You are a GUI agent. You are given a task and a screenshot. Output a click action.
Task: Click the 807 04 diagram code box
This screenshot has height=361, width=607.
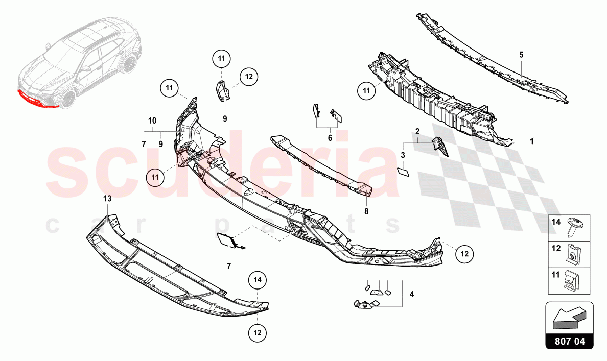click(x=569, y=341)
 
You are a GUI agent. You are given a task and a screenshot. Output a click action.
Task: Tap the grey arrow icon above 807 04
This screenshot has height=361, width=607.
click(x=569, y=317)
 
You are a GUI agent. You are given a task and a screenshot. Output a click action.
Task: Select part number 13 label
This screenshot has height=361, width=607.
click(x=107, y=198)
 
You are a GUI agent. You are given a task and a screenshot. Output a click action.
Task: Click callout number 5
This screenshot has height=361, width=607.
click(x=522, y=54)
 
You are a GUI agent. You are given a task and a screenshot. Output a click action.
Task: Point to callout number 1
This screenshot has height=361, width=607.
click(x=531, y=141)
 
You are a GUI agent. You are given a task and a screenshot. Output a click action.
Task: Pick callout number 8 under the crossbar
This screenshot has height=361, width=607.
click(x=366, y=210)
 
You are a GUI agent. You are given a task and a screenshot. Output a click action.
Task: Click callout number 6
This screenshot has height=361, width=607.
click(x=330, y=138)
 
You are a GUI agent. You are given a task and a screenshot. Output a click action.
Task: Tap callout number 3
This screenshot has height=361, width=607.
click(x=403, y=155)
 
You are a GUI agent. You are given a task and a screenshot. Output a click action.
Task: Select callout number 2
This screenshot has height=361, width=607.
click(x=417, y=132)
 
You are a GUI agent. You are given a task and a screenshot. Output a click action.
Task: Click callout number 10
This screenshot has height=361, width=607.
click(x=152, y=121)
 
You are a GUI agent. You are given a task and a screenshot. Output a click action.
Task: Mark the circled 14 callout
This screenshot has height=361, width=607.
click(x=257, y=280)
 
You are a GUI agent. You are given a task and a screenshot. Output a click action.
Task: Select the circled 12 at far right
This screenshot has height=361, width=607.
click(x=464, y=253)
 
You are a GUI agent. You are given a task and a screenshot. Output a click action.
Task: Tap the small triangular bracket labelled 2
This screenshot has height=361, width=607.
click(x=440, y=146)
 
